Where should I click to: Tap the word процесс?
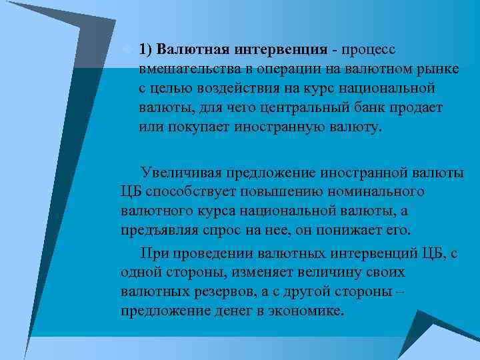coord(368,49)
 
